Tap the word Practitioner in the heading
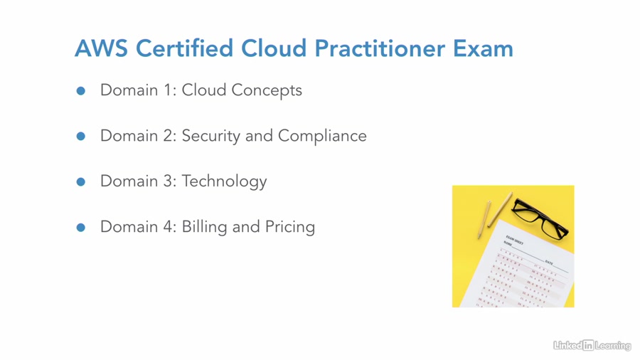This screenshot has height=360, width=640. [x=380, y=48]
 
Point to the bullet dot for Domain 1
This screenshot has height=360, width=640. [x=81, y=91]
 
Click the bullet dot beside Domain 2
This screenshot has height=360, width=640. [x=81, y=137]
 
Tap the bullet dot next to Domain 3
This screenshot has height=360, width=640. [x=81, y=182]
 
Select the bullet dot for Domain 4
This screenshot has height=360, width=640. [x=81, y=228]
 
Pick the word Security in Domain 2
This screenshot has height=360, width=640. [x=211, y=136]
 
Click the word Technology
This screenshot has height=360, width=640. [x=224, y=181]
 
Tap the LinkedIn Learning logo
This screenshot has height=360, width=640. [x=592, y=345]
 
